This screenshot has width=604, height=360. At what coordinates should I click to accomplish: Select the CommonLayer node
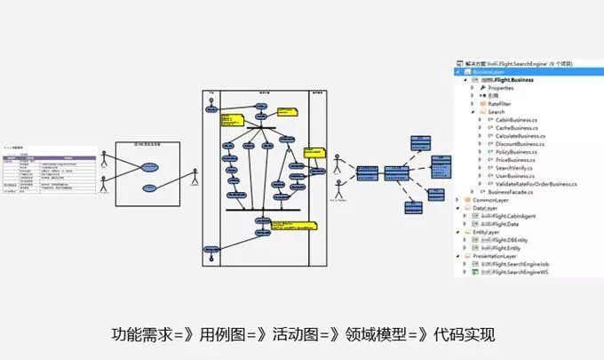491,200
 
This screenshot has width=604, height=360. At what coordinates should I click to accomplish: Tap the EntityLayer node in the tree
488,232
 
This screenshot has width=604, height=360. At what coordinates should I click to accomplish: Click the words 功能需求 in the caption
141,335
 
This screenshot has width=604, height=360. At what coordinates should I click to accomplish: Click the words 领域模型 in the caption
370,335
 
